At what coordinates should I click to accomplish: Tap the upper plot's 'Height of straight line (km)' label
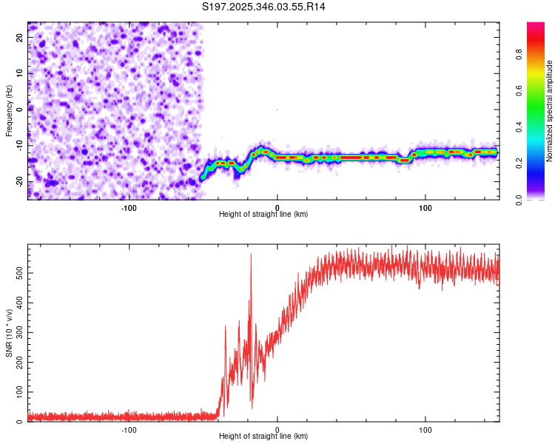point(263,214)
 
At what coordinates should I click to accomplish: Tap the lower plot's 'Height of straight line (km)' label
point(263,437)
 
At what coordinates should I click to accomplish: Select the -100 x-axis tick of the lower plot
point(129,429)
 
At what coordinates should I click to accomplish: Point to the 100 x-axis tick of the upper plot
point(425,207)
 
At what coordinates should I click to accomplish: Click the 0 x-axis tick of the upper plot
point(277,207)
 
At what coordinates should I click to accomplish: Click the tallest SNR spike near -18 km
point(251,255)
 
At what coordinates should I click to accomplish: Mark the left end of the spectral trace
point(202,177)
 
